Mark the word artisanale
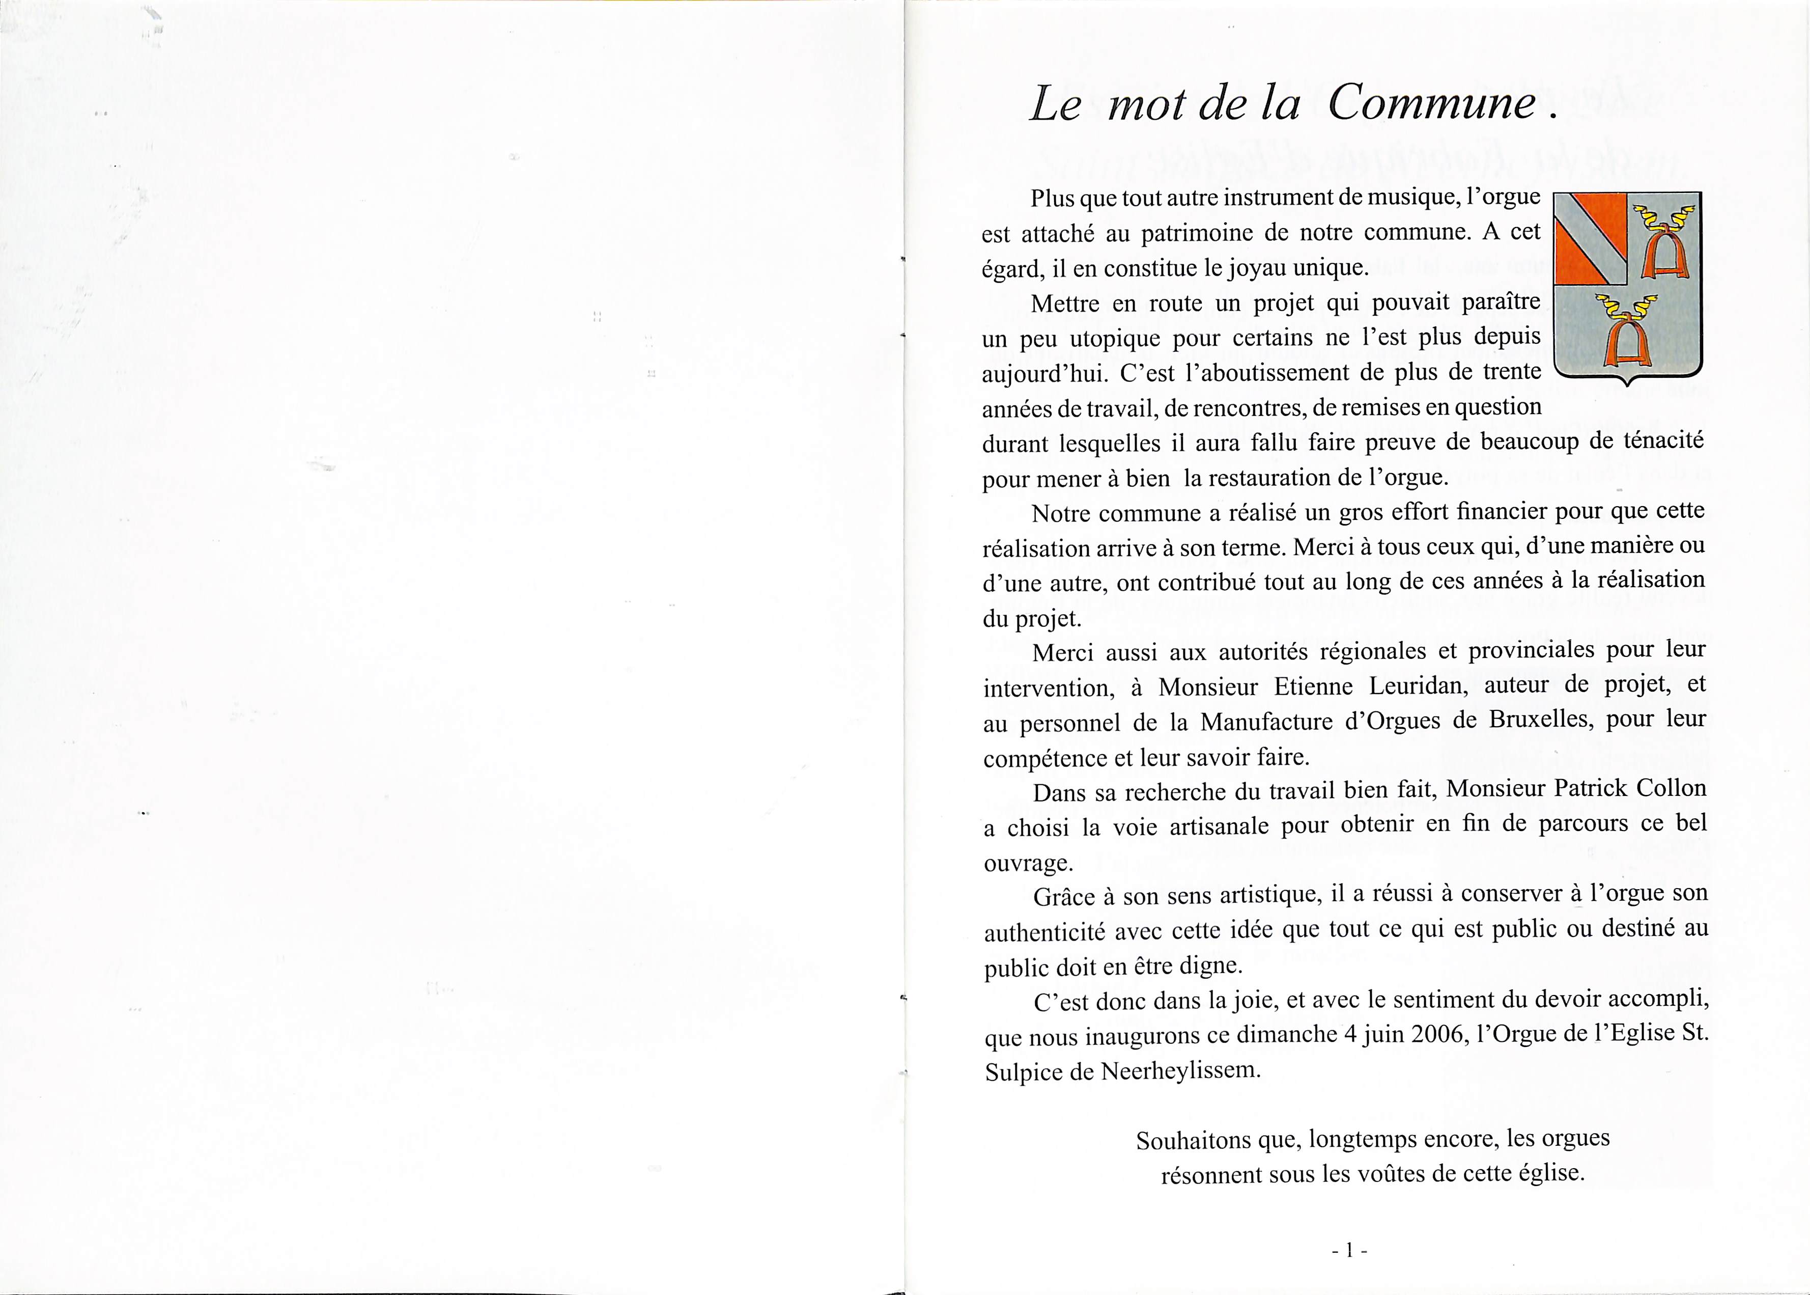(1219, 826)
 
